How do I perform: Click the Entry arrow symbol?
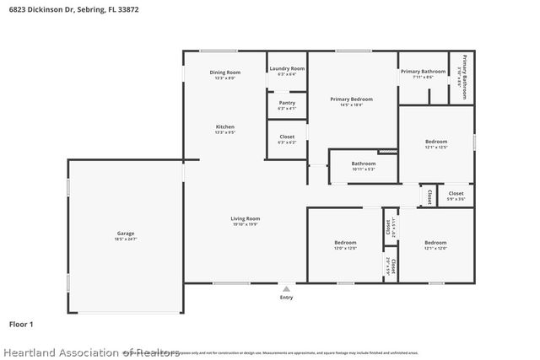click(286, 288)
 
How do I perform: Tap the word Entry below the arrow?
click(286, 298)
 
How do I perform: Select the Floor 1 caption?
click(21, 323)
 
